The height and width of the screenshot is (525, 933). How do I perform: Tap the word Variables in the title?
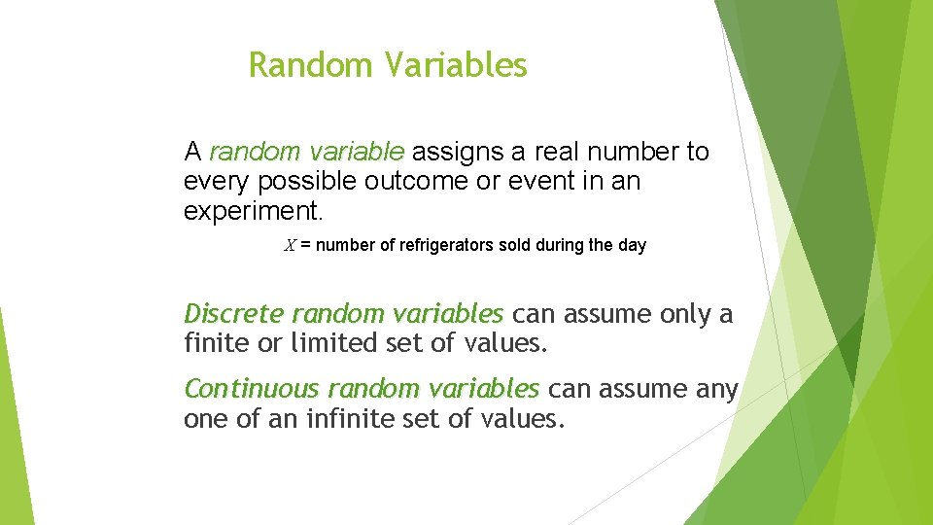455,65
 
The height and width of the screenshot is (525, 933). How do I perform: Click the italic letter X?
290,246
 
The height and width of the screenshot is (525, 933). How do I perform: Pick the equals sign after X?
305,246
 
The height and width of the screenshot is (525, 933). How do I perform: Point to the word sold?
515,246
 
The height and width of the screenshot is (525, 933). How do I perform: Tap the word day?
632,246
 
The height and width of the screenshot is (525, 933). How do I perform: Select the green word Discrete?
233,314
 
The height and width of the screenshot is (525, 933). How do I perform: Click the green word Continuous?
252,389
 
